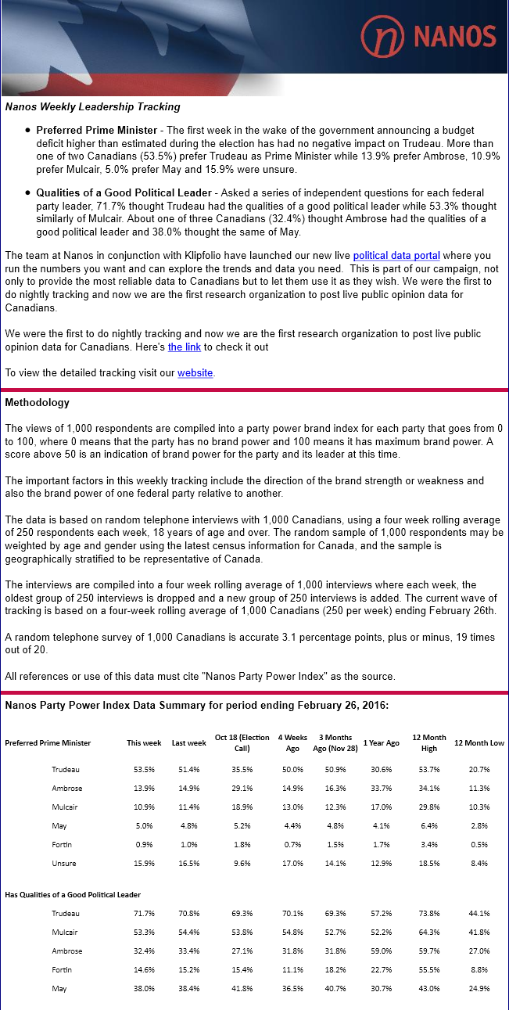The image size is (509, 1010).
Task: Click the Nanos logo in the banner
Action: point(429,35)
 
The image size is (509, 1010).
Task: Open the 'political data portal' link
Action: point(396,255)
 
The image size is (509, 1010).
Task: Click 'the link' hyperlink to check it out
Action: point(185,347)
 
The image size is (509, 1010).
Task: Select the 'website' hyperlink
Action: point(195,373)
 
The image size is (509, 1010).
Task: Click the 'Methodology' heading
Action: point(37,403)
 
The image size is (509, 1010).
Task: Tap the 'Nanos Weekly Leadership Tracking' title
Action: point(92,106)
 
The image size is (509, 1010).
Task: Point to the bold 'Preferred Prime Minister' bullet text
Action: point(95,130)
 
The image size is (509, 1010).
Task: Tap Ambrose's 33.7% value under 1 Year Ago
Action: point(381,789)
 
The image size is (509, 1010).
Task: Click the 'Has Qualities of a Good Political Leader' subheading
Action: point(73,894)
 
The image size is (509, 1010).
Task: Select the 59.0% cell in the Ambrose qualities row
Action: point(381,951)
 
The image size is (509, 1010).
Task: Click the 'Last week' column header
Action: point(188,743)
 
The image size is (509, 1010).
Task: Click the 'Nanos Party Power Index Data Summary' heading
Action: point(196,705)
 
